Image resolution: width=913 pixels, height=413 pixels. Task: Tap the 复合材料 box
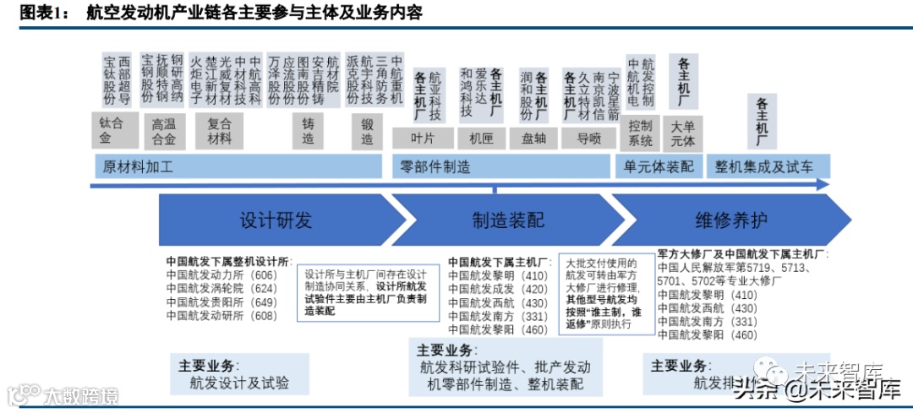tap(220, 129)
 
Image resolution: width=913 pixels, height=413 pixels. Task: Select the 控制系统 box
tap(641, 133)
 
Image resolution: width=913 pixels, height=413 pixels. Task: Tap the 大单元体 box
tap(682, 133)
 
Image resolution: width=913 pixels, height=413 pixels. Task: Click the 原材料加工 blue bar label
tap(138, 166)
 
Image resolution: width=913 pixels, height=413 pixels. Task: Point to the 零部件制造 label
tap(435, 166)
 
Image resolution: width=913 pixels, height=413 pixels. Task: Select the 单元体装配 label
tap(659, 166)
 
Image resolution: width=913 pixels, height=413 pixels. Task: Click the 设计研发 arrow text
tap(276, 221)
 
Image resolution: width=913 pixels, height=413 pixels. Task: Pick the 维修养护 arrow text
tap(731, 221)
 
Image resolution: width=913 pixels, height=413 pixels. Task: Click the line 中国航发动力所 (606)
tap(221, 274)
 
